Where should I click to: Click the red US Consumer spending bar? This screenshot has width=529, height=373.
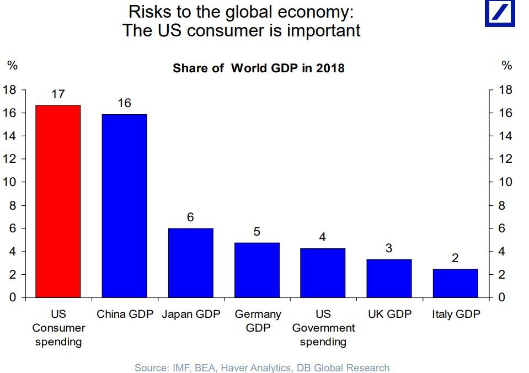[x=58, y=201]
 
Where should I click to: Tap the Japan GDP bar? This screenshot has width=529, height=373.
[x=190, y=263]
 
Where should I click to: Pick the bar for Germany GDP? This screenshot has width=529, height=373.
[x=257, y=270]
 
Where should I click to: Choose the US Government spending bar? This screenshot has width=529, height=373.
[x=323, y=273]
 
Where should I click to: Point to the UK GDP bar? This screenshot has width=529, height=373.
[x=389, y=278]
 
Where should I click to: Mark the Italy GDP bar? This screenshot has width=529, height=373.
[x=455, y=283]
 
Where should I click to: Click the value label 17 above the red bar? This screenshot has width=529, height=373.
[x=58, y=94]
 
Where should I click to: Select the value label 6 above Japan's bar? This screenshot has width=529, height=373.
[x=190, y=217]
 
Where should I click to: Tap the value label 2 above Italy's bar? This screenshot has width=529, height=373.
[x=455, y=258]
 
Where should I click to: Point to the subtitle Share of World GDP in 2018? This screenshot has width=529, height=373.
[x=258, y=68]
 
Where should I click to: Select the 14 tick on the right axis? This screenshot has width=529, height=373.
[x=505, y=136]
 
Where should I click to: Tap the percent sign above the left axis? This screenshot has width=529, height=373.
[x=12, y=66]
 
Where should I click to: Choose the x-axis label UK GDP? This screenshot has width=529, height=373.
[x=389, y=314]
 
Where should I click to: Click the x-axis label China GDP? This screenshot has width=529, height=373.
[x=124, y=314]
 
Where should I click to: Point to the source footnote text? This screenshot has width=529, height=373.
[x=262, y=367]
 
